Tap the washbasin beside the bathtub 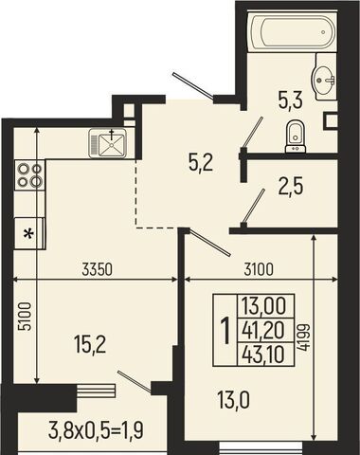[x=324, y=81]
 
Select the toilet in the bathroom [x=296, y=137]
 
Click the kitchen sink [x=108, y=143]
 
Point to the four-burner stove [x=29, y=175]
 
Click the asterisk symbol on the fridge [x=29, y=234]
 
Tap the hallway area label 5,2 [x=200, y=163]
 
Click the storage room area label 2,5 [x=291, y=187]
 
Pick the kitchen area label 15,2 [x=91, y=344]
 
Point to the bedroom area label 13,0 [x=233, y=399]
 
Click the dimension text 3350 [x=97, y=270]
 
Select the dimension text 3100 [x=259, y=269]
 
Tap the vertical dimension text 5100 [x=25, y=317]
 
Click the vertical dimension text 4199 [x=304, y=337]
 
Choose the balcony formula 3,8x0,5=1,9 [x=96, y=430]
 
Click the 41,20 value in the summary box [x=263, y=331]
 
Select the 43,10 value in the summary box [x=263, y=355]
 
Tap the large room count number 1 [x=225, y=331]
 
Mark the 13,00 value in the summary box [x=263, y=306]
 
